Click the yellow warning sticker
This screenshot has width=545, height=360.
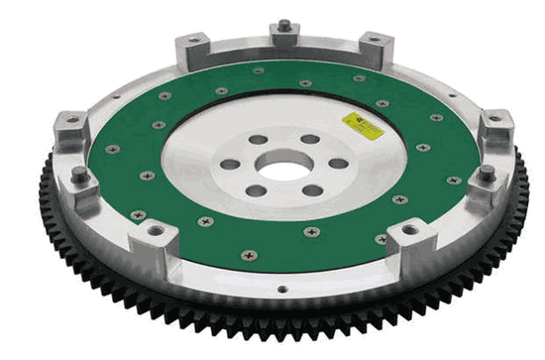click(x=362, y=125)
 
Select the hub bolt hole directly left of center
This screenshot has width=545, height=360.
click(x=231, y=165)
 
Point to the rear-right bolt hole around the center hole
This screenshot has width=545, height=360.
click(x=310, y=140)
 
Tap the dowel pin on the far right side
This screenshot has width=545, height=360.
click(x=488, y=175)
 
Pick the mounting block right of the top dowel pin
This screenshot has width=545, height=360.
click(x=374, y=46)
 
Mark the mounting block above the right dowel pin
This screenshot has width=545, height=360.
click(x=494, y=126)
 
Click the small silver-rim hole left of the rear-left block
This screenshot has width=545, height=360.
click(x=119, y=96)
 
